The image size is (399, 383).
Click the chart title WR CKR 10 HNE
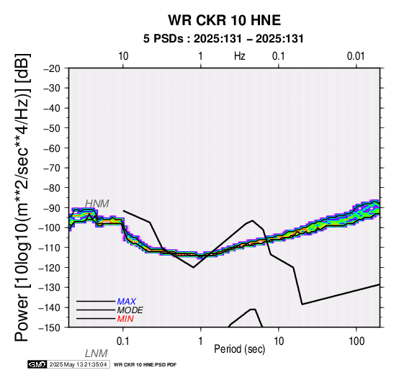[x=225, y=20]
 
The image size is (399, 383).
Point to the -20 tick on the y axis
[x=52, y=68]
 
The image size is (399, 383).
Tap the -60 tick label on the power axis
[x=52, y=148]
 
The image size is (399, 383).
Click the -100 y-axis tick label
[x=50, y=227]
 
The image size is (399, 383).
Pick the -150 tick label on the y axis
[x=50, y=328]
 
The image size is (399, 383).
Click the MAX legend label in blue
[x=127, y=302]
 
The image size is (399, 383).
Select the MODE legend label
[x=130, y=310]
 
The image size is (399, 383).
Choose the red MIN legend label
[x=125, y=319]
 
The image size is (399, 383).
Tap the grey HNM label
[x=97, y=204]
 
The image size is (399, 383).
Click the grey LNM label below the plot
[x=97, y=353]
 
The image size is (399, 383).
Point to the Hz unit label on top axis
[x=240, y=56]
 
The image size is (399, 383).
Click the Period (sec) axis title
[x=240, y=349]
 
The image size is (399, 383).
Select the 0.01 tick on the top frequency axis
[x=357, y=56]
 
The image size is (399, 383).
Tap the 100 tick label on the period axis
[x=357, y=341]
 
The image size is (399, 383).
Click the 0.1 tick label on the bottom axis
[x=123, y=341]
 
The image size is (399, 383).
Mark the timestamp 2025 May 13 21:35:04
[x=78, y=364]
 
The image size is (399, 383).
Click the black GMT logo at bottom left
[x=37, y=364]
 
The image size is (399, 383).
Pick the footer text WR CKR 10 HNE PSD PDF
[x=145, y=365]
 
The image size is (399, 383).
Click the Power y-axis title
[x=22, y=197]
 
